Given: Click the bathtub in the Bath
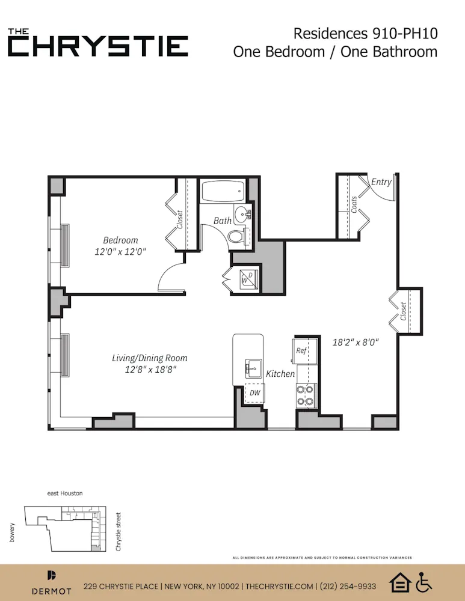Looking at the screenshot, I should tap(221, 192).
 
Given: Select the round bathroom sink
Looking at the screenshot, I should tap(243, 213).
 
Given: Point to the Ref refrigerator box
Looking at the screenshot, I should tap(301, 350).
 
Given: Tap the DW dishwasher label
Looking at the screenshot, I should tap(254, 392).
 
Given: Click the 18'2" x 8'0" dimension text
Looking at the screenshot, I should tap(356, 343).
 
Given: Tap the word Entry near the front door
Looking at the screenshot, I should tap(381, 182).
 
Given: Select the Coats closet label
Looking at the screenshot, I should tap(354, 204).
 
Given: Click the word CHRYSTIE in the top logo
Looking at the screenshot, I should tap(98, 46).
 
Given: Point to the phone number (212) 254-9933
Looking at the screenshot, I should tap(348, 586).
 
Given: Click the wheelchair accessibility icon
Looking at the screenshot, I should tap(425, 582).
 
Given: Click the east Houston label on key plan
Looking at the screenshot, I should tap(65, 493).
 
